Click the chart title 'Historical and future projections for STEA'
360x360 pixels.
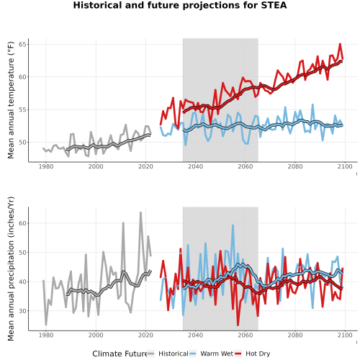[180, 5]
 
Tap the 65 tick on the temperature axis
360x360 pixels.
[22, 45]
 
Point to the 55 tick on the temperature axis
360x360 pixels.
[22, 109]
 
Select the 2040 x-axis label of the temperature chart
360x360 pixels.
[195, 166]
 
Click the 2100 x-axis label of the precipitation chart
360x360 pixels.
[345, 335]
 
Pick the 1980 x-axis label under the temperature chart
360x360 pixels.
[46, 166]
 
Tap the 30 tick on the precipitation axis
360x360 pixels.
[22, 311]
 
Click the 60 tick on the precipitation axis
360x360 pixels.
[22, 223]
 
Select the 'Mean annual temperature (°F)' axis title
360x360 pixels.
[11, 100]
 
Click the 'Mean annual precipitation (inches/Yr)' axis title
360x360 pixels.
[11, 269]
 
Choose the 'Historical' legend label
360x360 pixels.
[174, 354]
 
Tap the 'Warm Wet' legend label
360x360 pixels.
[217, 354]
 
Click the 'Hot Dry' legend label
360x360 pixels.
[258, 354]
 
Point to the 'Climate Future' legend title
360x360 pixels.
[120, 354]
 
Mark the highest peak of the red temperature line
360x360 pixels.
[340, 44]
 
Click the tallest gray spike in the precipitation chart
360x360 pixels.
[140, 212]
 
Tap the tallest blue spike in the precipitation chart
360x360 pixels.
[233, 225]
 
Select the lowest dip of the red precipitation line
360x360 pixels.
[238, 325]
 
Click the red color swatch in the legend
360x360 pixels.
[238, 354]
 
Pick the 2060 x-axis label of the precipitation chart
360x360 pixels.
[246, 335]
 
